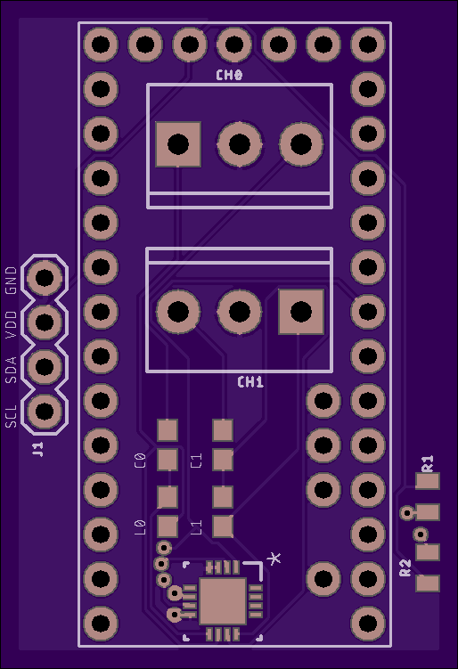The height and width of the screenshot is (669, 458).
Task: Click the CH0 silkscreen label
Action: point(229,76)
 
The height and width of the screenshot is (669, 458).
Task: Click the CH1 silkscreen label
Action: point(250,382)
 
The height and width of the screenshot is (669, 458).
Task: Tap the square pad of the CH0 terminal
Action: point(178,144)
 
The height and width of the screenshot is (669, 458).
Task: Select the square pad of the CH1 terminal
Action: point(301,312)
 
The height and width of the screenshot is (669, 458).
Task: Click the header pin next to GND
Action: point(45,278)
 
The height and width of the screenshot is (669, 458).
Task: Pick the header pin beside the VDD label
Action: point(45,322)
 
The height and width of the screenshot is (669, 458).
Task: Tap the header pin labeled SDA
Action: point(45,366)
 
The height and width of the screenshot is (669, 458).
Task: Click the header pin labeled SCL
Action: point(45,411)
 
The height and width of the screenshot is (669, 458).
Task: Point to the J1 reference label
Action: point(38,449)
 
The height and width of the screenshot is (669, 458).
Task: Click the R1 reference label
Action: point(428,463)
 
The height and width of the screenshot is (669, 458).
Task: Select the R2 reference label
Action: point(405,567)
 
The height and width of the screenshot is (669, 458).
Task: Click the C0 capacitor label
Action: point(141,461)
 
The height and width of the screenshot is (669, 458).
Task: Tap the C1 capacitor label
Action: point(196,461)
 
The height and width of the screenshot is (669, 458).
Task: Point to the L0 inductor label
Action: point(141,527)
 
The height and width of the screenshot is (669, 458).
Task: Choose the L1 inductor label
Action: point(196,527)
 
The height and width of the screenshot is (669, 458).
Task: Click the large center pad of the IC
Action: point(223,600)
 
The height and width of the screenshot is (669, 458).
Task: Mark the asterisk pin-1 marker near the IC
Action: point(274,558)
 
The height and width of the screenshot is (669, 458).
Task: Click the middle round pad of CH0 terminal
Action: point(240,144)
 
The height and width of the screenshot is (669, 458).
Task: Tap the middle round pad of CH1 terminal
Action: point(240,312)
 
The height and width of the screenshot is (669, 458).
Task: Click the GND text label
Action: point(11,281)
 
